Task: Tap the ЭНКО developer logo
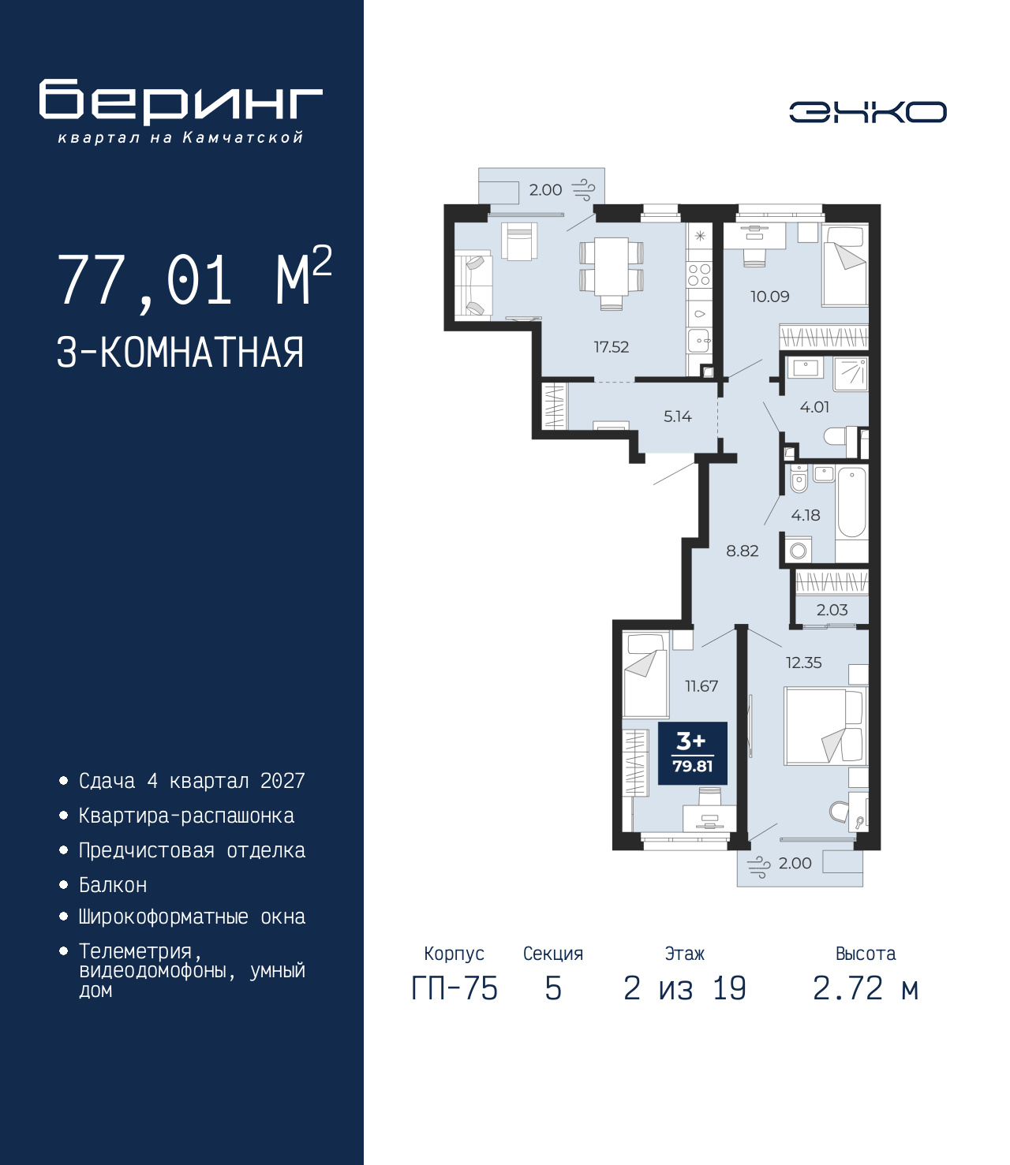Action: click(x=868, y=112)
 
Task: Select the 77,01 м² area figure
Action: click(x=195, y=279)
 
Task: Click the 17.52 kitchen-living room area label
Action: click(x=612, y=346)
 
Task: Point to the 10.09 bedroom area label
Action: click(x=770, y=297)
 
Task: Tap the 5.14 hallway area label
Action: click(x=677, y=416)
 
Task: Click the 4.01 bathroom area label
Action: click(x=815, y=407)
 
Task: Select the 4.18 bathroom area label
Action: click(x=806, y=515)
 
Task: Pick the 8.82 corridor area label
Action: click(x=743, y=551)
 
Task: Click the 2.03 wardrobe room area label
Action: click(x=832, y=610)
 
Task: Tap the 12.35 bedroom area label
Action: click(x=803, y=663)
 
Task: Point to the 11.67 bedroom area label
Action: click(x=701, y=686)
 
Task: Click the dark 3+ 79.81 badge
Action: click(x=693, y=753)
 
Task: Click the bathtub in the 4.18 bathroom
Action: click(x=851, y=503)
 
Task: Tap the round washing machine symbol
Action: click(x=798, y=551)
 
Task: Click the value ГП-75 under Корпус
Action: click(x=454, y=988)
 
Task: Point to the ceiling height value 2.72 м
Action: click(x=866, y=988)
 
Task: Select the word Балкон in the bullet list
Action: click(x=113, y=886)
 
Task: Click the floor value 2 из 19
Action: click(x=685, y=988)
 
